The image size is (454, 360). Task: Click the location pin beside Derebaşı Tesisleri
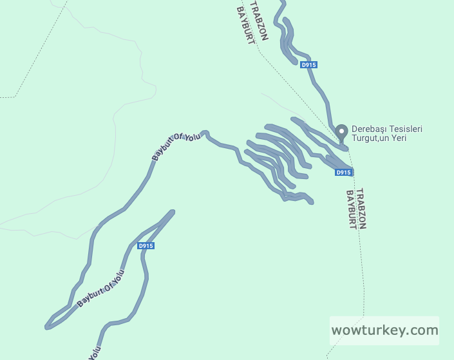pyautogui.click(x=342, y=129)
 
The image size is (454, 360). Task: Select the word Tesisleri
pyautogui.click(x=406, y=129)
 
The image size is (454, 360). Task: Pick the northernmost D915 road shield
pyautogui.click(x=308, y=64)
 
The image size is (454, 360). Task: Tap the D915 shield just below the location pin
pyautogui.click(x=343, y=173)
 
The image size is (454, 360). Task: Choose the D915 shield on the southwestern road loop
pyautogui.click(x=146, y=246)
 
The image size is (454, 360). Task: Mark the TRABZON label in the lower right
pyautogui.click(x=361, y=209)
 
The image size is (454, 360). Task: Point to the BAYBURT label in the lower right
pyautogui.click(x=351, y=210)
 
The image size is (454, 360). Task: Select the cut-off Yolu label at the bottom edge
pyautogui.click(x=95, y=354)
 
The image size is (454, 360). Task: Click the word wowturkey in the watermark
pyautogui.click(x=369, y=330)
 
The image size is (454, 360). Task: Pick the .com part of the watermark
pyautogui.click(x=422, y=330)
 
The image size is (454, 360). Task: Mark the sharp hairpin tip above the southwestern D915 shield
pyautogui.click(x=173, y=211)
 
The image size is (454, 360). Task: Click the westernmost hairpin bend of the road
pyautogui.click(x=48, y=326)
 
